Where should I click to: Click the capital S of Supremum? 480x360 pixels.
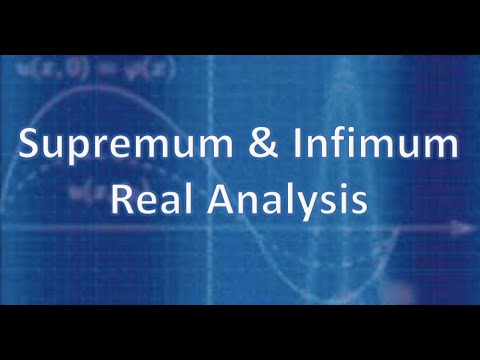pyautogui.click(x=31, y=148)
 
